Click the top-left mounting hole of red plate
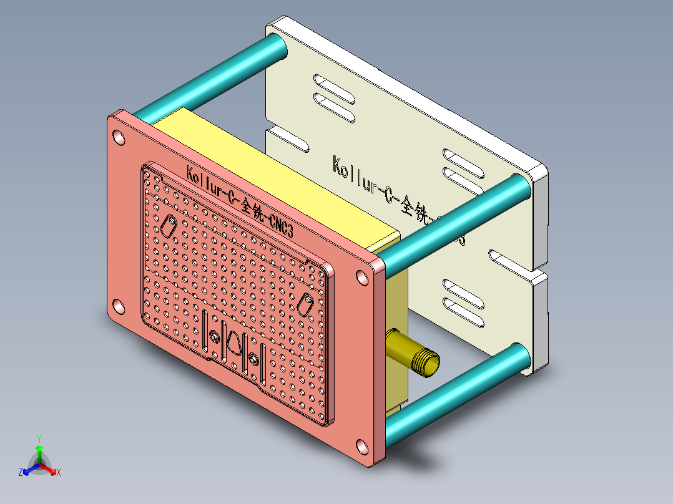[x=119, y=138]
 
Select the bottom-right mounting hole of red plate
[x=362, y=447]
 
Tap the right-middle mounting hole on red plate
[x=362, y=278]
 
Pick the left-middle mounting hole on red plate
[x=118, y=307]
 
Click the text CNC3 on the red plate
[x=280, y=225]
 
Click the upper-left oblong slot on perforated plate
[x=169, y=225]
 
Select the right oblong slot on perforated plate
[x=306, y=305]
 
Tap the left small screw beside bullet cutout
[x=214, y=337]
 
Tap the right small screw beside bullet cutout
[x=253, y=359]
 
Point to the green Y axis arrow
[x=39, y=448]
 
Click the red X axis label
[x=59, y=473]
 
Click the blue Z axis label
[x=21, y=472]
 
